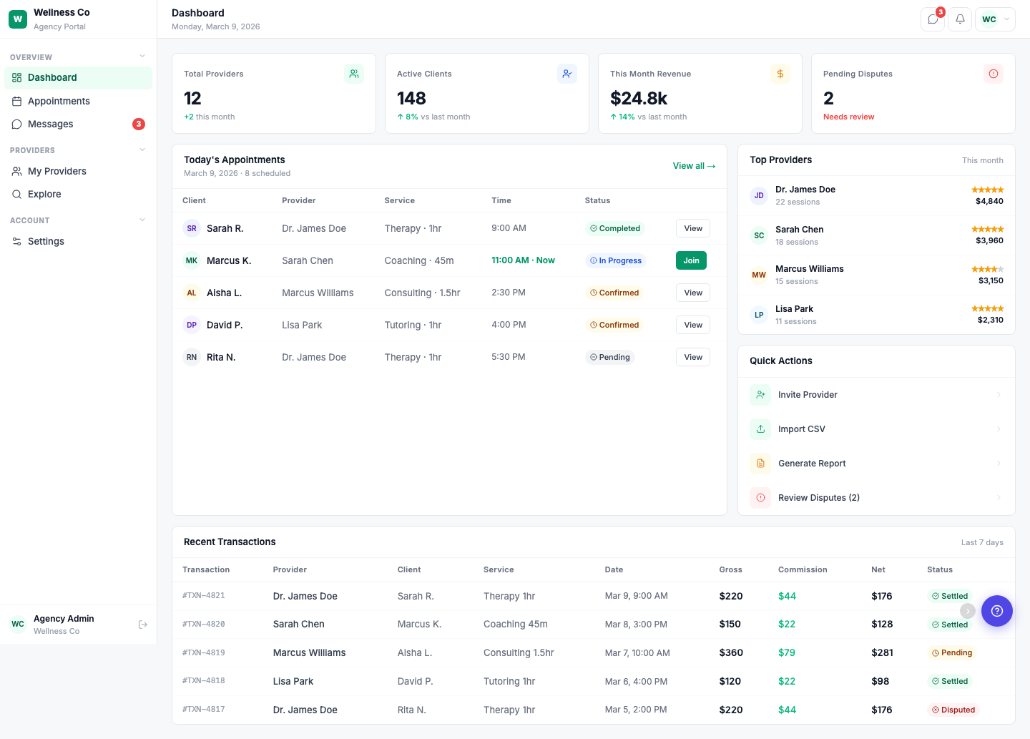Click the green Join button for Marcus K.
[x=691, y=260]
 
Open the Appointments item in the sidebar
[x=59, y=101]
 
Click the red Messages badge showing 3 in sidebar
[x=139, y=124]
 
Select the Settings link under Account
[x=46, y=241]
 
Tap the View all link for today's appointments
[x=693, y=166]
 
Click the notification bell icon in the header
[x=960, y=19]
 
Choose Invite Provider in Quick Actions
[x=808, y=395]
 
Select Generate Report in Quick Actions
[x=812, y=464]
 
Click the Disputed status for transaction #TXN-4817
[x=953, y=710]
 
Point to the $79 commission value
[x=787, y=652]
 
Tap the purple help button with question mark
[x=997, y=611]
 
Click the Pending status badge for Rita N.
[x=610, y=357]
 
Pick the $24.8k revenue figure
[x=639, y=98]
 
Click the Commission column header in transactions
[x=803, y=569]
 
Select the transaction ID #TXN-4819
[x=204, y=652]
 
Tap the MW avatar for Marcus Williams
[x=759, y=275]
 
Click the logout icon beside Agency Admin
[x=143, y=625]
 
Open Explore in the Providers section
[x=44, y=194]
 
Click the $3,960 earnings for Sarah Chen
[x=989, y=240]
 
